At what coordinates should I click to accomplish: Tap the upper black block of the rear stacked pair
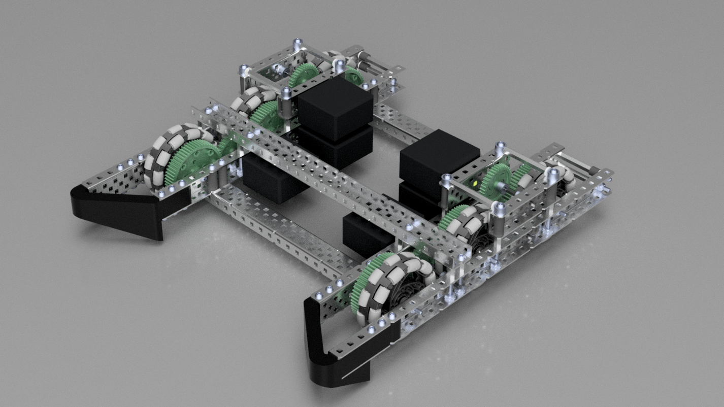pyautogui.click(x=335, y=107)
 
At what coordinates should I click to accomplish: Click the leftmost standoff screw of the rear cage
pyautogui.click(x=244, y=69)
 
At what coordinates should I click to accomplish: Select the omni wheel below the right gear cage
pyautogui.click(x=467, y=223)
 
